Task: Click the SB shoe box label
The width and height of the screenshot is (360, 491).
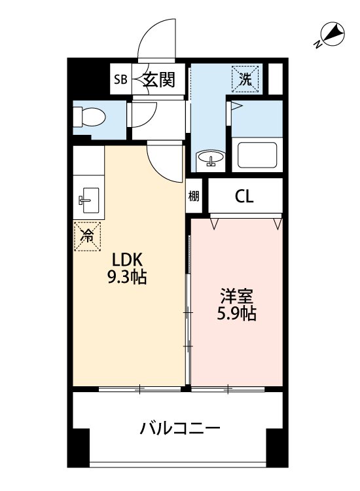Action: (x=120, y=79)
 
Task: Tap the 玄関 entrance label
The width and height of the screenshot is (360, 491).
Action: (x=158, y=79)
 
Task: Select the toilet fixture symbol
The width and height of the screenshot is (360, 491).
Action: (x=89, y=117)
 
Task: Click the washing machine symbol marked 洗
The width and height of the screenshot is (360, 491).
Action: (x=245, y=79)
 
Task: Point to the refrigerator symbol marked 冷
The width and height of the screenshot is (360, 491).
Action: (x=87, y=236)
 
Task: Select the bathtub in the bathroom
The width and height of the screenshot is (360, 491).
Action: (x=257, y=155)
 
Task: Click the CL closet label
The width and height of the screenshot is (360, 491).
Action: (x=244, y=196)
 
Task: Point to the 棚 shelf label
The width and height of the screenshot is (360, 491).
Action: (x=194, y=196)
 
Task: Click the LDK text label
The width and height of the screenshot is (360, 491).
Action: (x=128, y=260)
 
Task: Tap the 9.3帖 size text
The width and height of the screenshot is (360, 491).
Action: (x=127, y=277)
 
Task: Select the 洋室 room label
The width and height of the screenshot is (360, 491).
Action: (x=237, y=296)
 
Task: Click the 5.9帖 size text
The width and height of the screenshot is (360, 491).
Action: (x=237, y=314)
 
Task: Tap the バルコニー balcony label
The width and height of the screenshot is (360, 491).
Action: (x=180, y=429)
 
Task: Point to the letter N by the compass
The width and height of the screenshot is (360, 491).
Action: (x=318, y=45)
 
